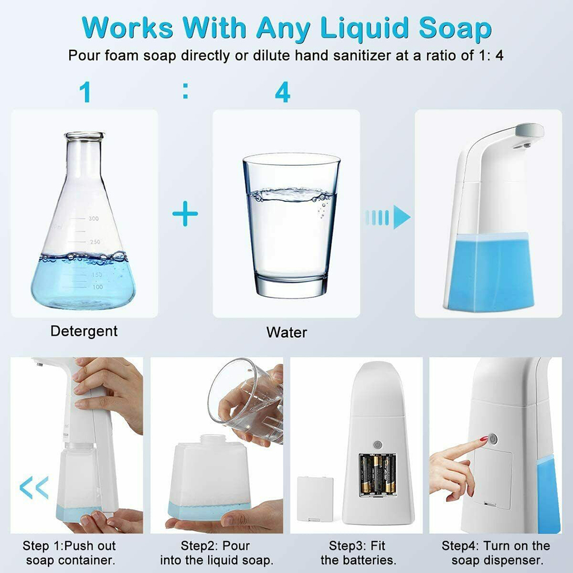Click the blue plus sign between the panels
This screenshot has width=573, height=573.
click(185, 213)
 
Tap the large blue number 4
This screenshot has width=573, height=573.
click(282, 91)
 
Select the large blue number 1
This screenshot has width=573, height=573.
click(85, 91)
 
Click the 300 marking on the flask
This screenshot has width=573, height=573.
click(94, 218)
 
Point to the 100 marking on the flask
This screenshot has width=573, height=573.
click(98, 287)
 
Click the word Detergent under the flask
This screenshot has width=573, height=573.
click(84, 331)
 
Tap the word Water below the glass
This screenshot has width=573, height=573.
click(286, 332)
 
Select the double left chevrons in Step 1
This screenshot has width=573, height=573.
click(34, 487)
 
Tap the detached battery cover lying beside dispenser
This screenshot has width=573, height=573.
click(315, 499)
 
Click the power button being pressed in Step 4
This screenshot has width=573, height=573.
click(492, 438)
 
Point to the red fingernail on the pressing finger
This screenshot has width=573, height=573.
click(483, 439)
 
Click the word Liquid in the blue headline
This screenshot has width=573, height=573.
click(364, 29)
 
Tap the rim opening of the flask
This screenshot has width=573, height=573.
click(85, 136)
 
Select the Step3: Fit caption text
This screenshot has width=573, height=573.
click(357, 546)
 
